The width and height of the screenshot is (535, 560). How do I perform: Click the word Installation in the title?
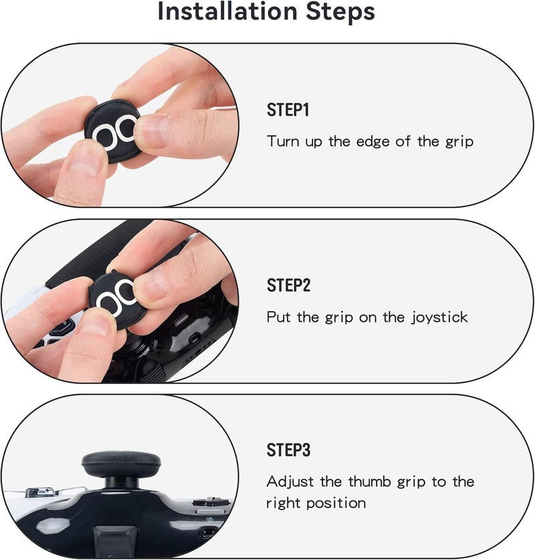tap(227, 11)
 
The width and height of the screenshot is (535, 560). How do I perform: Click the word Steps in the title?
tap(340, 11)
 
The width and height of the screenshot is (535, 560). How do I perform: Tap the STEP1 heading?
tap(288, 110)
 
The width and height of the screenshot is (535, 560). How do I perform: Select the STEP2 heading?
tap(288, 286)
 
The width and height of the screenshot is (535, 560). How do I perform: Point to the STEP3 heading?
tap(288, 450)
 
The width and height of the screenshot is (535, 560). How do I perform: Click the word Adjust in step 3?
tap(290, 482)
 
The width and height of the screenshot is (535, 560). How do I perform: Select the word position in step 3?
tap(336, 504)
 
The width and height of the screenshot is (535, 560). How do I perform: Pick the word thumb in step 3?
tap(369, 482)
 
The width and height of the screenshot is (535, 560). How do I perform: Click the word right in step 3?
tap(284, 504)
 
